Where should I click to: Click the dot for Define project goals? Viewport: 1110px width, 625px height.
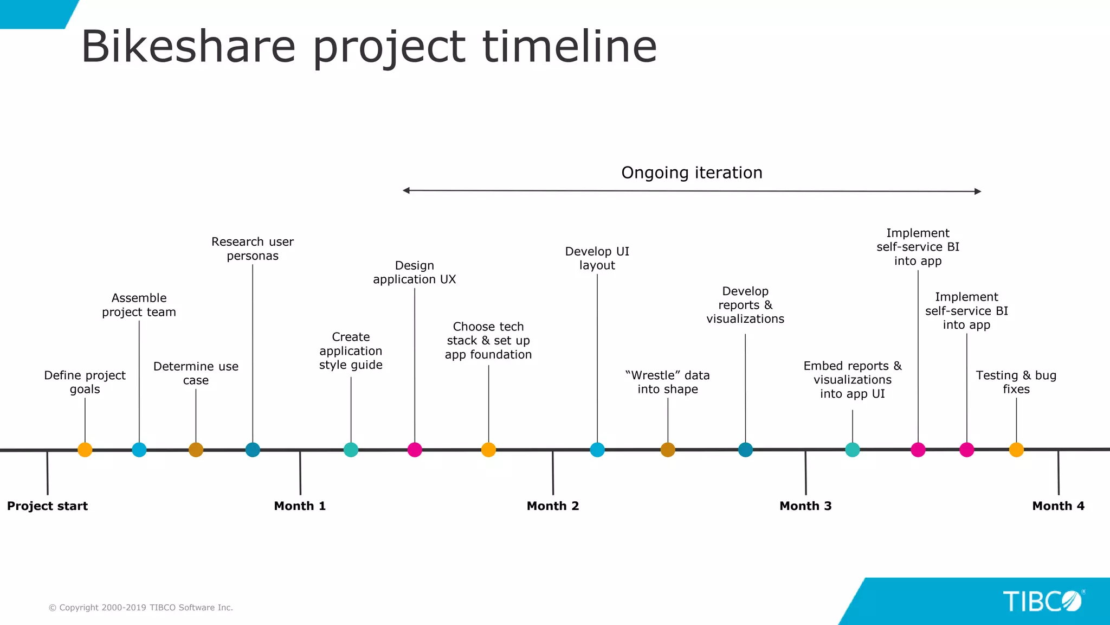click(85, 450)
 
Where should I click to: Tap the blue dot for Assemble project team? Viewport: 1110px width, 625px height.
click(139, 450)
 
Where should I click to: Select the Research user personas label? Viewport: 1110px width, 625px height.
click(253, 248)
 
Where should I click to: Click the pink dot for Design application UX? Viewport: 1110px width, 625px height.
click(415, 450)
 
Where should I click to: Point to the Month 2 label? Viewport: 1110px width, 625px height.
click(553, 506)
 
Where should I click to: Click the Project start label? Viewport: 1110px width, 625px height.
click(47, 506)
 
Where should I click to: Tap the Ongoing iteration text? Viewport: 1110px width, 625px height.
click(692, 173)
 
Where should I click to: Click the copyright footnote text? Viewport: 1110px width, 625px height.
click(141, 608)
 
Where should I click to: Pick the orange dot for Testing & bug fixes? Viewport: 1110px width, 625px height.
click(1016, 450)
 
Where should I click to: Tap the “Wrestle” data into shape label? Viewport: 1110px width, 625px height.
click(668, 382)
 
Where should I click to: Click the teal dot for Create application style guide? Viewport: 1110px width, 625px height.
click(351, 450)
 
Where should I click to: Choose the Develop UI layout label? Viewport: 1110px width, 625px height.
click(597, 258)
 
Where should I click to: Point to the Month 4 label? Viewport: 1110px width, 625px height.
click(1058, 506)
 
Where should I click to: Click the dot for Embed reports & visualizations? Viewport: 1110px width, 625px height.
click(853, 450)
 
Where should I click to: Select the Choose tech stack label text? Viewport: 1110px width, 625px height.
click(488, 340)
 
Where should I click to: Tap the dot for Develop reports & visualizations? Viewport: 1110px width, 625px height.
click(745, 450)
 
